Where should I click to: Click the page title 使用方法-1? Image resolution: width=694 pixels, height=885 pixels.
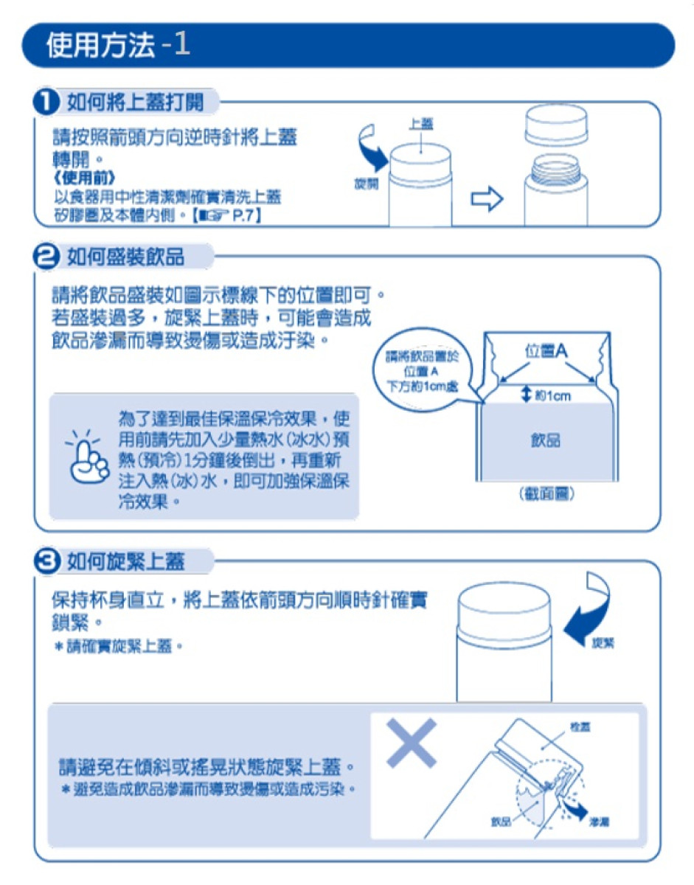[x=118, y=46]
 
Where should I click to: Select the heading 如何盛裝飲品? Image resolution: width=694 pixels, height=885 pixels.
[x=125, y=257]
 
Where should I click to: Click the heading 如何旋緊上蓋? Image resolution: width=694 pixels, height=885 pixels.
[x=125, y=562]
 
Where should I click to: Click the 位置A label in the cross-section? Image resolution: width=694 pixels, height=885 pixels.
[x=546, y=352]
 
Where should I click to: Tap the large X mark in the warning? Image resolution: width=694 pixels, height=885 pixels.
[x=410, y=743]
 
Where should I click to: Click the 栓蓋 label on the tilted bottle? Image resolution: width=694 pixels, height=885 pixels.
[x=579, y=727]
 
